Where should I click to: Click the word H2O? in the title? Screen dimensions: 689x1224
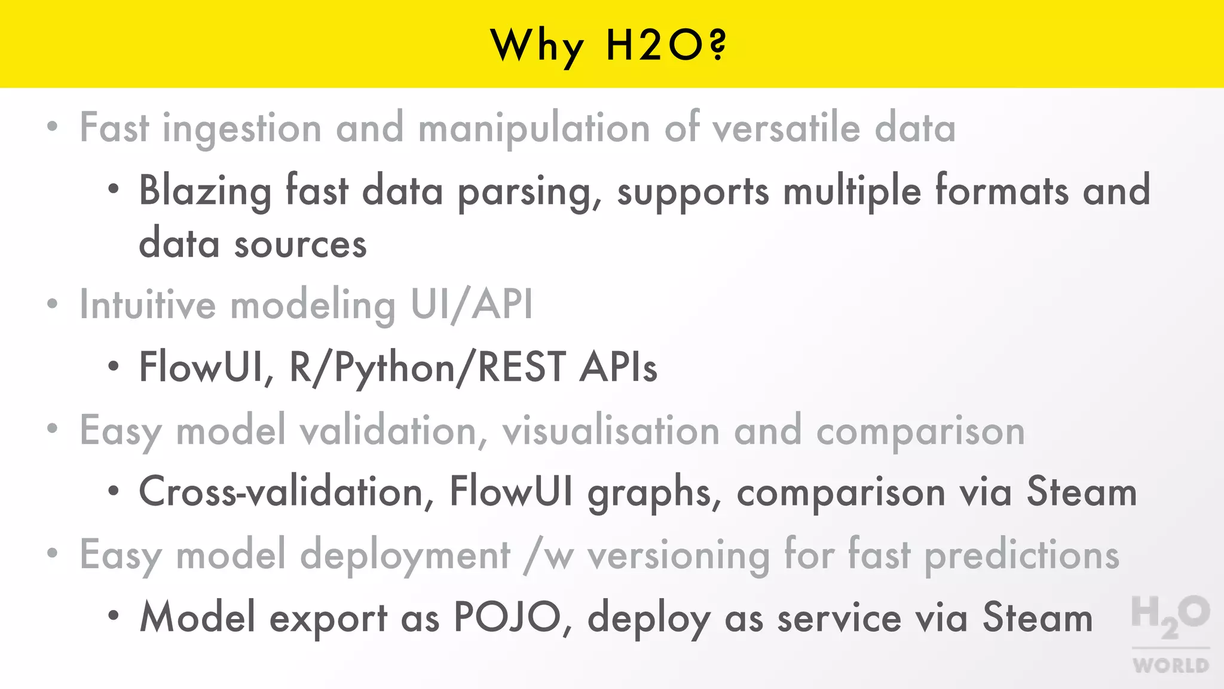666,45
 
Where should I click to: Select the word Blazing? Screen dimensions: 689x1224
205,191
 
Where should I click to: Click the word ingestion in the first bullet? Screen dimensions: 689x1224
242,129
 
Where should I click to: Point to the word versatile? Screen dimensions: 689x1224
787,128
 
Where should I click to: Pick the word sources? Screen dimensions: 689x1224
300,245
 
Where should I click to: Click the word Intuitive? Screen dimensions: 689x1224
148,304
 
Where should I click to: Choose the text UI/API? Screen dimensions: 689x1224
472,305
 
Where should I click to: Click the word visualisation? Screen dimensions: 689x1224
611,431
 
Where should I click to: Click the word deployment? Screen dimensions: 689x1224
405,556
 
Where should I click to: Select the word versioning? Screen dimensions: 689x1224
678,556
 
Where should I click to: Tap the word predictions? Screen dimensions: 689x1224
1022,556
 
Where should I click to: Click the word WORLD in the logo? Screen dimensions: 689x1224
1171,666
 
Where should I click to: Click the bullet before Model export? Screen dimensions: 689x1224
114,615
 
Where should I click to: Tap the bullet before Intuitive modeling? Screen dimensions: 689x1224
53,304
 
